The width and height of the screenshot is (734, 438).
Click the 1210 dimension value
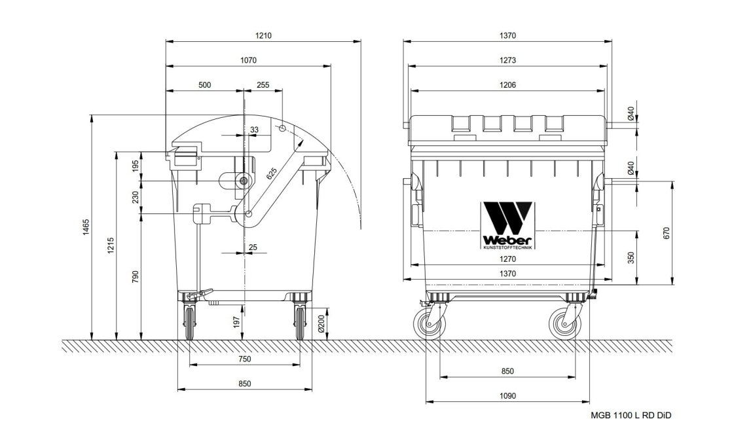pyautogui.click(x=263, y=35)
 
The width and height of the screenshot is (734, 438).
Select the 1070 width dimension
pyautogui.click(x=249, y=60)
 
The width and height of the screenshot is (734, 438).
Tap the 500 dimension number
pyautogui.click(x=204, y=85)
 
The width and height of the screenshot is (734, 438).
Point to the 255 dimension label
pyautogui.click(x=263, y=85)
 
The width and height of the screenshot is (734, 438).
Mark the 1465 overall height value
pyautogui.click(x=86, y=227)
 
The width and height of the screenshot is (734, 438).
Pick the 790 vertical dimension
pyautogui.click(x=136, y=277)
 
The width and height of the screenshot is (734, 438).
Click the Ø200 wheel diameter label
pyautogui.click(x=321, y=323)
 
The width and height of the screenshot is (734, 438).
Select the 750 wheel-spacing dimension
pyautogui.click(x=244, y=359)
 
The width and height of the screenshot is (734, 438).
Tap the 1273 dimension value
pyautogui.click(x=507, y=60)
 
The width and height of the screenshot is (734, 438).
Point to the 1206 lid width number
pyautogui.click(x=507, y=85)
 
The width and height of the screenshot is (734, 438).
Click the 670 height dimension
pyautogui.click(x=667, y=232)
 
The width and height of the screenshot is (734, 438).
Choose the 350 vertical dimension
pyautogui.click(x=631, y=258)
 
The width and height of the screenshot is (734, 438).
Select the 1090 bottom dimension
pyautogui.click(x=507, y=396)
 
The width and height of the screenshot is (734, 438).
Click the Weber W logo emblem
pyautogui.click(x=507, y=218)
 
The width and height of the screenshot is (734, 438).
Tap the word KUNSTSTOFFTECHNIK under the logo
pyautogui.click(x=507, y=247)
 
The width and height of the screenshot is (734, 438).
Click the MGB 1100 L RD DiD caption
pyautogui.click(x=631, y=415)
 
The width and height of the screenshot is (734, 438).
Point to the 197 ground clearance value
pyautogui.click(x=236, y=322)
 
